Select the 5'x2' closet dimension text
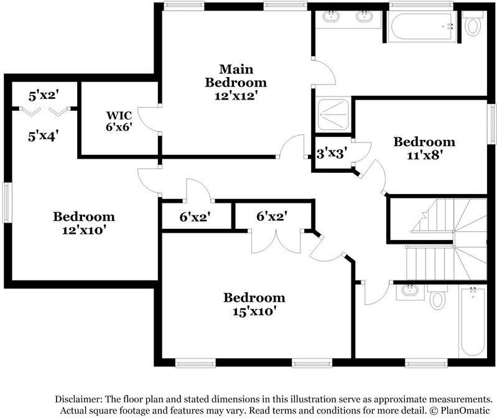(43, 96)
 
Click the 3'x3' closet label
(331, 151)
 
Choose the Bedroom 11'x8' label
(424, 148)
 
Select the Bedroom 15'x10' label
(254, 304)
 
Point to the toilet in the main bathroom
(473, 26)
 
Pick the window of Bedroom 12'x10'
(6, 202)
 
